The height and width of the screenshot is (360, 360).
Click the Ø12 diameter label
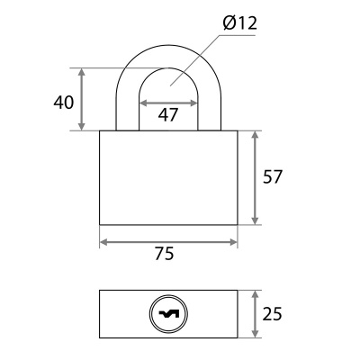tap(240, 23)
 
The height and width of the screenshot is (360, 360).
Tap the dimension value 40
tap(63, 103)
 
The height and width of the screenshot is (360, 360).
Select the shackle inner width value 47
tap(168, 114)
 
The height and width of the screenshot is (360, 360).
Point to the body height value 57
tap(273, 176)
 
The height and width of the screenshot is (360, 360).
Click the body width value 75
tap(165, 254)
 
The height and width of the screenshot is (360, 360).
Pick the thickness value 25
tap(273, 314)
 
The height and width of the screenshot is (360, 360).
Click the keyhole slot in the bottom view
tap(168, 314)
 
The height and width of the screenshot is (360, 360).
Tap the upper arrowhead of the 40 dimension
tap(82, 72)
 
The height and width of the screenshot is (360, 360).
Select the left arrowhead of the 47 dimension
tap(143, 103)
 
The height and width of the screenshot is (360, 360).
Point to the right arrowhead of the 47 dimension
tap(193, 103)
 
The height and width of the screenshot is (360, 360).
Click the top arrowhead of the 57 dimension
tap(255, 135)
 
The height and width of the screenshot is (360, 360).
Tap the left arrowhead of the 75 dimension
tap(103, 242)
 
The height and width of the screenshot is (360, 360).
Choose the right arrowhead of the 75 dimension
tap(233, 242)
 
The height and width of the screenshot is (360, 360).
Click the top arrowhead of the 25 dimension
tap(255, 294)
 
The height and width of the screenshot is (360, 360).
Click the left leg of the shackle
tap(127, 114)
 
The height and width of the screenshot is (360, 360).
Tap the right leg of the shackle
tap(210, 114)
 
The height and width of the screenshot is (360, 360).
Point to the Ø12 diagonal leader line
tap(195, 60)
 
